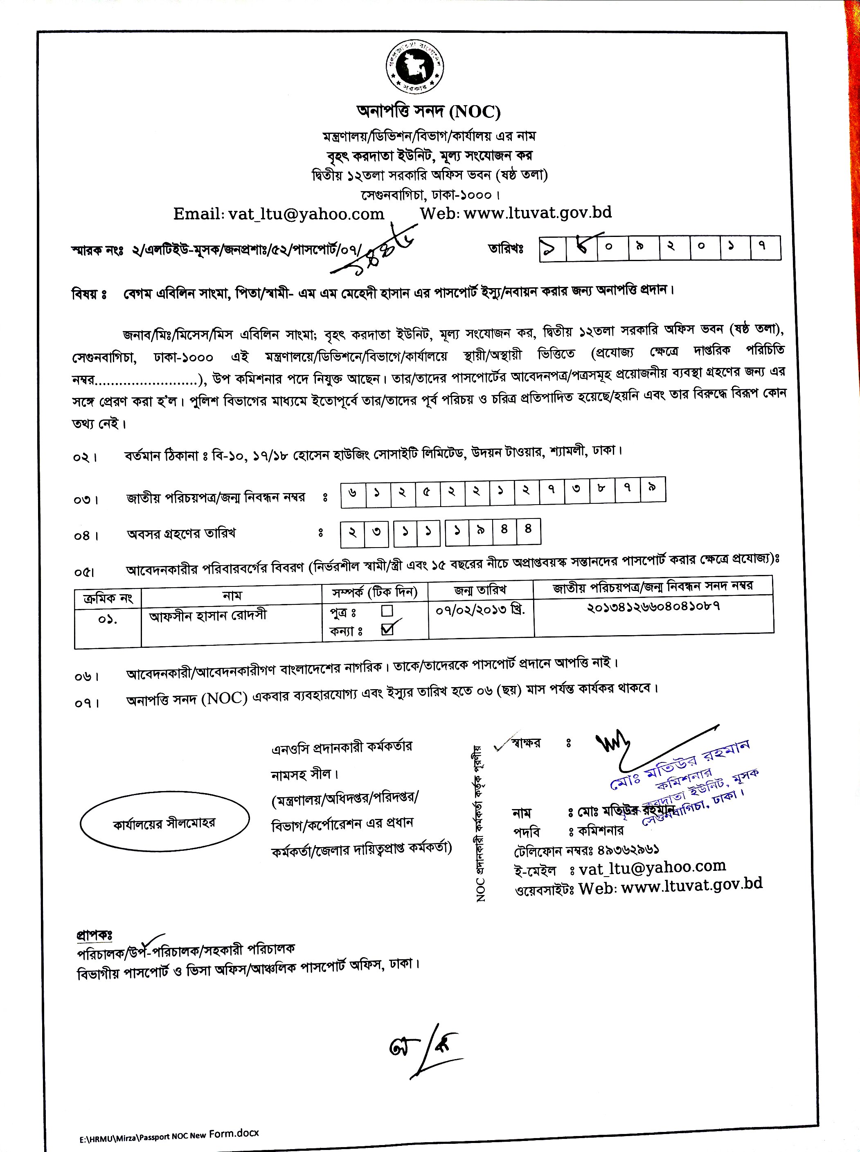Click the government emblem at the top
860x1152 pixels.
414,68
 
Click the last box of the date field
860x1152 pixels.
765,248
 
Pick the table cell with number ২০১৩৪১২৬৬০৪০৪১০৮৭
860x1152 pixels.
653,607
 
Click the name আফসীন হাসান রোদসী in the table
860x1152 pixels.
208,616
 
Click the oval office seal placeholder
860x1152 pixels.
164,823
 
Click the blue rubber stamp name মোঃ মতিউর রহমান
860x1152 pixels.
682,763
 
